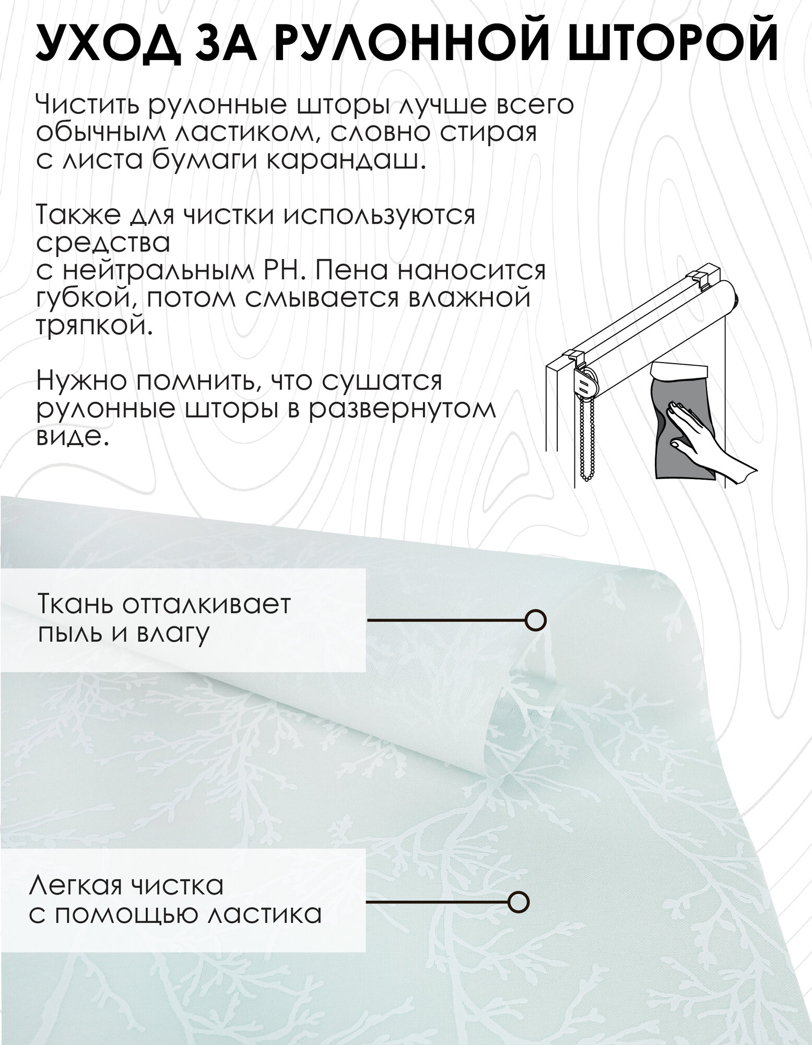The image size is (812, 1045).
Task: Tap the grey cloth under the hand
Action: point(674,444)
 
